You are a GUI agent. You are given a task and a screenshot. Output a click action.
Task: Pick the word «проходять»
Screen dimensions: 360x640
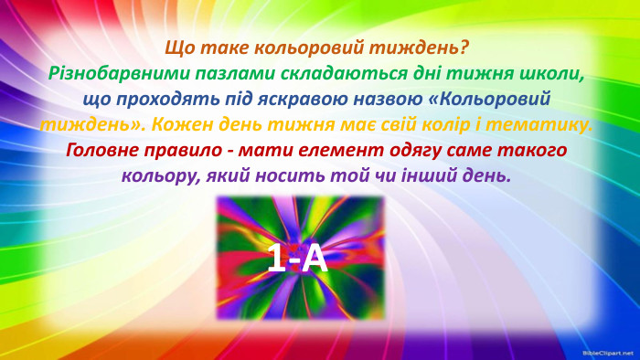click(155, 98)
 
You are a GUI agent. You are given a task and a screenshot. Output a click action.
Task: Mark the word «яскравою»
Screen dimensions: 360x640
click(292, 98)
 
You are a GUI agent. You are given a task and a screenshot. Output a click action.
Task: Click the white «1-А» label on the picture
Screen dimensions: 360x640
click(297, 259)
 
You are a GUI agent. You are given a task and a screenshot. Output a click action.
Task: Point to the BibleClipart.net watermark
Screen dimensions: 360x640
click(607, 352)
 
